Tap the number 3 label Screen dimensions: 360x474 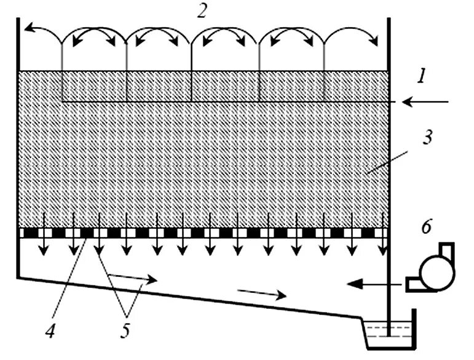[427, 137]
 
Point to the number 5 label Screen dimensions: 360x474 [126, 332]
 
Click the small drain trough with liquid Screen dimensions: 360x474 [387, 332]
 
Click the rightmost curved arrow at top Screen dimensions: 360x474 [354, 37]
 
